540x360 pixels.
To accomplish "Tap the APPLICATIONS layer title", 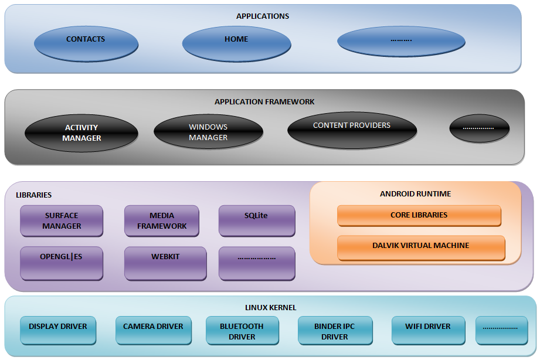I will (262, 16).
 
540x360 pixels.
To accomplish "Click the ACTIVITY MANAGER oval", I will (81, 133).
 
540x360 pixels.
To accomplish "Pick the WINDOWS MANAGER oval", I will (208, 132).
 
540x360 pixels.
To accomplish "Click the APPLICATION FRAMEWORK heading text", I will (264, 102).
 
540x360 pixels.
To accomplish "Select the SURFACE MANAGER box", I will (62, 220).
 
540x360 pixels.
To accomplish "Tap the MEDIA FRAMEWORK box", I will (162, 220).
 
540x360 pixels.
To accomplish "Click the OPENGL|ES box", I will (62, 263).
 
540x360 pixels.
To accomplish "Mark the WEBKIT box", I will (165, 263).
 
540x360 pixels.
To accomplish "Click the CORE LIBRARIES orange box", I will (419, 215).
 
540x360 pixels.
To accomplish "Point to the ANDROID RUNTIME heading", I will (415, 194).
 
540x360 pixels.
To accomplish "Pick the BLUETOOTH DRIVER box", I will (242, 331).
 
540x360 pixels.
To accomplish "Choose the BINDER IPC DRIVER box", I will (335, 331).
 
